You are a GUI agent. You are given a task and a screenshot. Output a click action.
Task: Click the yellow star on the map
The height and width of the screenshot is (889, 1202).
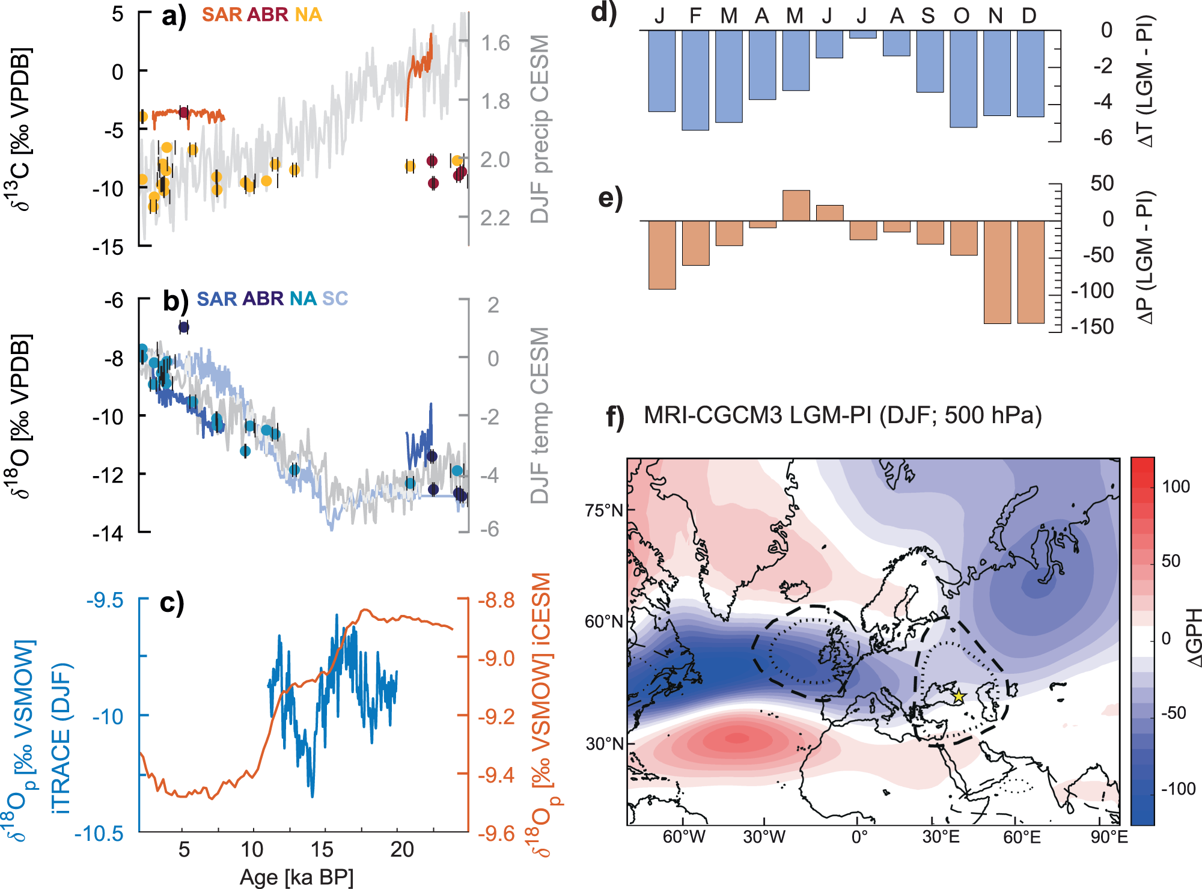959,696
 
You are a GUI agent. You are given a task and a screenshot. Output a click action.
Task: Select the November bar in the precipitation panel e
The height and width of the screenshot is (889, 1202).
997,272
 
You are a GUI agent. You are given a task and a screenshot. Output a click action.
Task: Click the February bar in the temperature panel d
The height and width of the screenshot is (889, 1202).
695,79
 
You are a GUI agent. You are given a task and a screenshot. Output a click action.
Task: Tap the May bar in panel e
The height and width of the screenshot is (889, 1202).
796,206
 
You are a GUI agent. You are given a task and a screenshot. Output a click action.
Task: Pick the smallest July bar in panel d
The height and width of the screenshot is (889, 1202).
862,34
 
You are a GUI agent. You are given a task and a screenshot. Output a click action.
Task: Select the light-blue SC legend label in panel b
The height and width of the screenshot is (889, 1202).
335,298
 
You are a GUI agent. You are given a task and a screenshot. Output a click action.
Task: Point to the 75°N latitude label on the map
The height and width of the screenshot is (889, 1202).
603,510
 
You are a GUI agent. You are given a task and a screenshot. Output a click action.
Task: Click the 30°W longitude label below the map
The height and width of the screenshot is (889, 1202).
764,837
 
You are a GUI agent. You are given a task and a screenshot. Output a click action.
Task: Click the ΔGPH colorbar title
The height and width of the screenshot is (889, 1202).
1194,637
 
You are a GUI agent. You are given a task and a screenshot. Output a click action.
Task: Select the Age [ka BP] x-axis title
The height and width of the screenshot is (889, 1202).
296,877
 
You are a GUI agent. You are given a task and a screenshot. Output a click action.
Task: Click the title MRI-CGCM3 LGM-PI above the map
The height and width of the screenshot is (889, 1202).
843,415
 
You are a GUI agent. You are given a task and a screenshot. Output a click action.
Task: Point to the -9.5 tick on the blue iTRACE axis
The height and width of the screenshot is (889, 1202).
105,600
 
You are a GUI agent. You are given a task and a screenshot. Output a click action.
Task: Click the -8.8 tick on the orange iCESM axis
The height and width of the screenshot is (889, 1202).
496,600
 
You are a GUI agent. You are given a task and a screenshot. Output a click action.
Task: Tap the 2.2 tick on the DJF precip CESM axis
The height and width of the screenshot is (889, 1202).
495,218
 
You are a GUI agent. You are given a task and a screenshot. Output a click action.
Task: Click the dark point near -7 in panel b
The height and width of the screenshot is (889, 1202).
184,327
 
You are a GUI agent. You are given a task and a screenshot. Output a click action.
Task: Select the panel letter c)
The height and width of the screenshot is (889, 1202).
172,602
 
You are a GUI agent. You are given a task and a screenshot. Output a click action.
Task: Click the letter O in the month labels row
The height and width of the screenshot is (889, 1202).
961,16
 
